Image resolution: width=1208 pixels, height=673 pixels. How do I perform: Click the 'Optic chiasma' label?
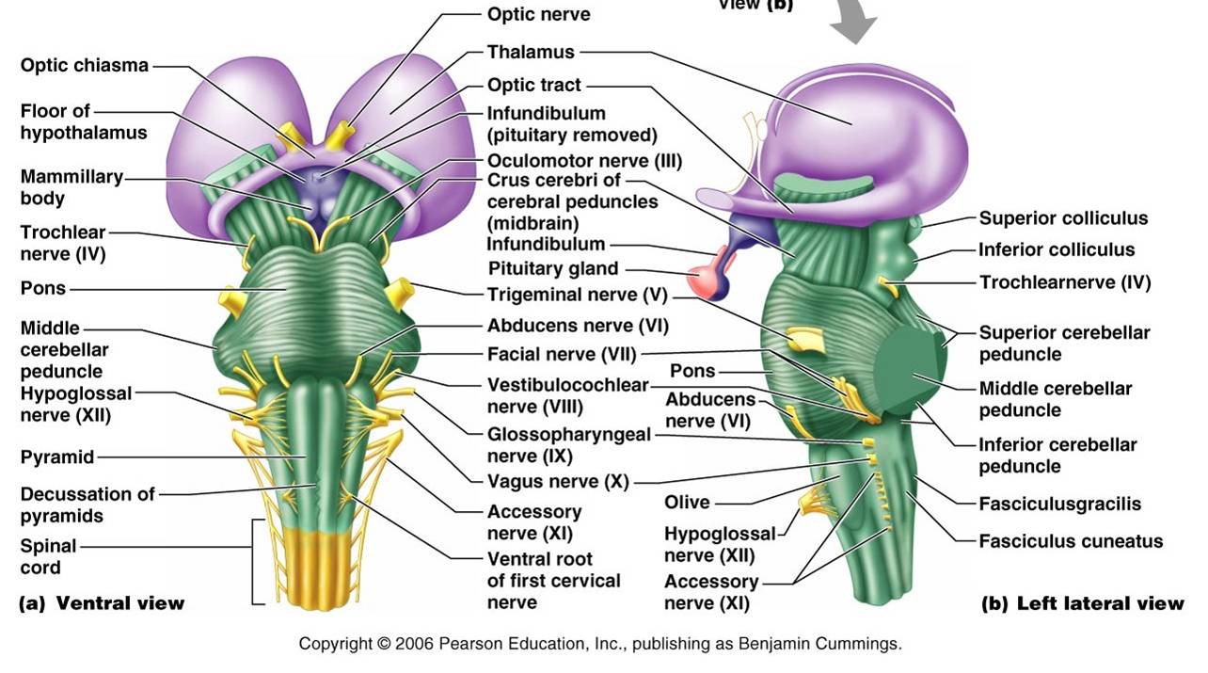[84, 66]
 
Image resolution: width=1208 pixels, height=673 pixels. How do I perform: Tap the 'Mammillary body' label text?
[72, 187]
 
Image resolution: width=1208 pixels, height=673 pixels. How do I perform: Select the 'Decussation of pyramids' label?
[87, 505]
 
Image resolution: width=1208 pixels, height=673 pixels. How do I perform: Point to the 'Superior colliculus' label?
[1063, 218]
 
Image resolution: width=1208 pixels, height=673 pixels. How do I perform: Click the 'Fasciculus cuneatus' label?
[1071, 541]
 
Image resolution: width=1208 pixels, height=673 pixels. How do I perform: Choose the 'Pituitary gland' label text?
[552, 269]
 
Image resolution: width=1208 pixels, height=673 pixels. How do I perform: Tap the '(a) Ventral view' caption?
[102, 603]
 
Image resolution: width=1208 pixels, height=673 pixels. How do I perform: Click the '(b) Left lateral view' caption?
[1082, 603]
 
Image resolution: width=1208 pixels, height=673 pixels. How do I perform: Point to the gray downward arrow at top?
[853, 24]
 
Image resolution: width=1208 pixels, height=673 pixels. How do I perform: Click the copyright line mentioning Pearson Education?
[600, 645]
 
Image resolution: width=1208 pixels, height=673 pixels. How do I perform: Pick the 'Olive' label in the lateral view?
[687, 503]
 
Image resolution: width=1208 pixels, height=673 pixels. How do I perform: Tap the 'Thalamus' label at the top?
[530, 52]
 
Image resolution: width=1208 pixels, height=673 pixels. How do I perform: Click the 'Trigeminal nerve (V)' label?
[576, 296]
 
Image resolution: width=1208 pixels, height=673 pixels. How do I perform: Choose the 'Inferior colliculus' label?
[1057, 250]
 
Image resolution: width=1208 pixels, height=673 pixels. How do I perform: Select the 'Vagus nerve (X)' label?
[557, 482]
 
